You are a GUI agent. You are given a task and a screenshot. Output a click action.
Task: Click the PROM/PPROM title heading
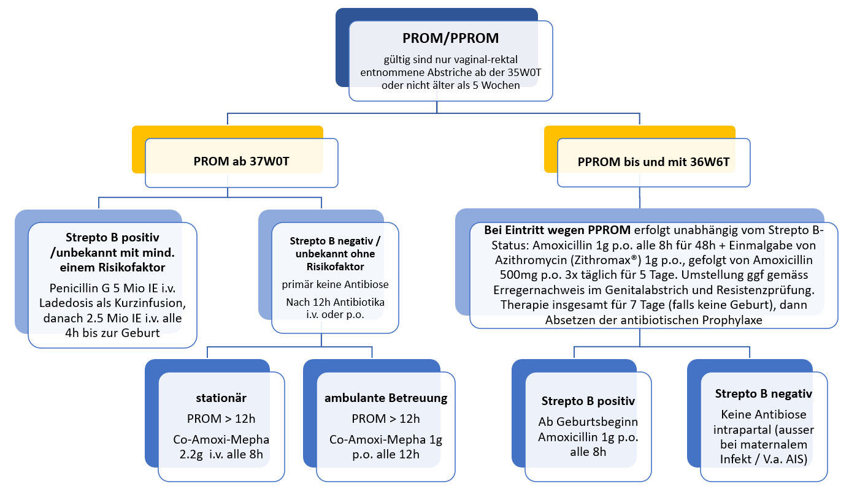point(450,38)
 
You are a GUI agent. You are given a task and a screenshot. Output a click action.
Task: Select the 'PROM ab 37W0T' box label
point(240,163)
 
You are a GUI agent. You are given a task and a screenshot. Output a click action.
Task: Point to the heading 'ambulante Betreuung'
point(386,398)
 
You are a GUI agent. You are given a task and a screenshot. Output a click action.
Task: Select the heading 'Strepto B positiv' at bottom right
point(588,401)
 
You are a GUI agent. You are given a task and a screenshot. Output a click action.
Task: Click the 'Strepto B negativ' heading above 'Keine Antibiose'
point(763,393)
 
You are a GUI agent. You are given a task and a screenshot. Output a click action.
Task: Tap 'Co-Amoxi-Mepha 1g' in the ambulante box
point(385,440)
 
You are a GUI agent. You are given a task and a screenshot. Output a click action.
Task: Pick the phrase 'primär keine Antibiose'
point(327,284)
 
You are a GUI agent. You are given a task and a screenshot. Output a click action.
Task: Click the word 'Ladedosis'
point(68,303)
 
